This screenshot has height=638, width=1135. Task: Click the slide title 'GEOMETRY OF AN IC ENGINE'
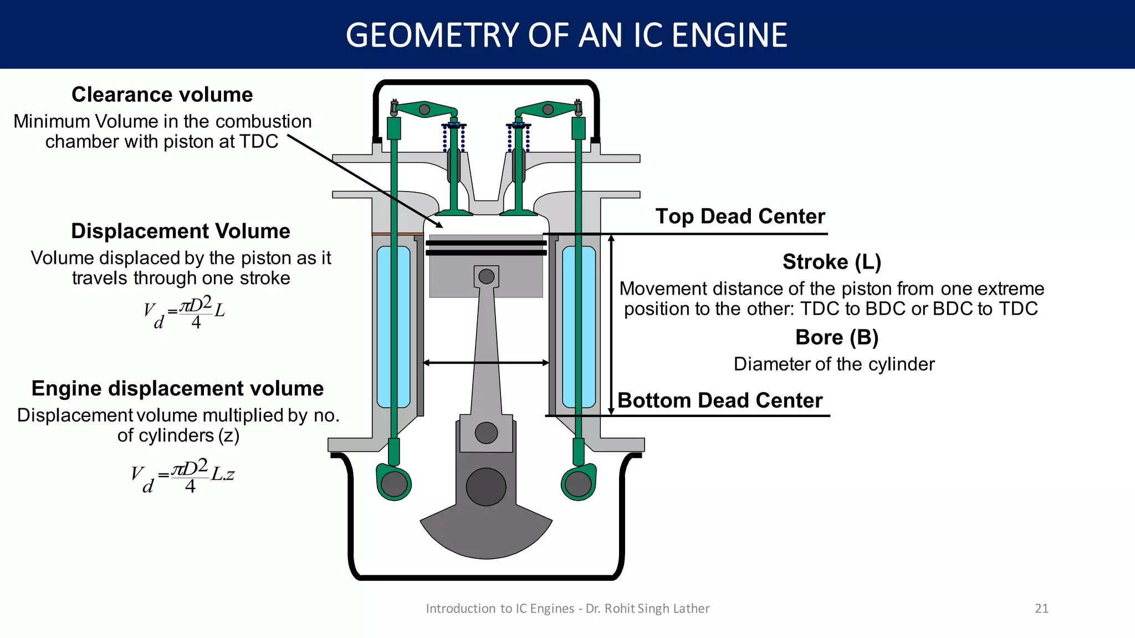pyautogui.click(x=566, y=35)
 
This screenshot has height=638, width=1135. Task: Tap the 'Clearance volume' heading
pyautogui.click(x=162, y=95)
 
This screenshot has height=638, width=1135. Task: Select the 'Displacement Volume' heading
pyautogui.click(x=180, y=231)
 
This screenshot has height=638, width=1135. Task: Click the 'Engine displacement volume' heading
pyautogui.click(x=177, y=388)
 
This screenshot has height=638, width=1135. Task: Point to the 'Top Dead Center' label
pyautogui.click(x=740, y=216)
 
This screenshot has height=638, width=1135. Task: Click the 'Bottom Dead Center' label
pyautogui.click(x=719, y=400)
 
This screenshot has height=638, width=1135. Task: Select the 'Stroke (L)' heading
pyautogui.click(x=831, y=261)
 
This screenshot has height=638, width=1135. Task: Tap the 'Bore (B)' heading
pyautogui.click(x=836, y=337)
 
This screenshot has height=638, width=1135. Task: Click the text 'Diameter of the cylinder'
pyautogui.click(x=834, y=364)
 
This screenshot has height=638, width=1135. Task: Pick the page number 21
pyautogui.click(x=1041, y=608)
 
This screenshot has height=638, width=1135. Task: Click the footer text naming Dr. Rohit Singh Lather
pyautogui.click(x=567, y=608)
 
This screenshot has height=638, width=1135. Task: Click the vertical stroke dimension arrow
pyautogui.click(x=611, y=325)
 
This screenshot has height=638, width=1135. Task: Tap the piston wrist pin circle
pyautogui.click(x=486, y=276)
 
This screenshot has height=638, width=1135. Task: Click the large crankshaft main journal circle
pyautogui.click(x=486, y=487)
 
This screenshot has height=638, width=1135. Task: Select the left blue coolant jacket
pyautogui.click(x=393, y=327)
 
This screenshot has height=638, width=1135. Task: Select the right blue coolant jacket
pyautogui.click(x=579, y=327)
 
